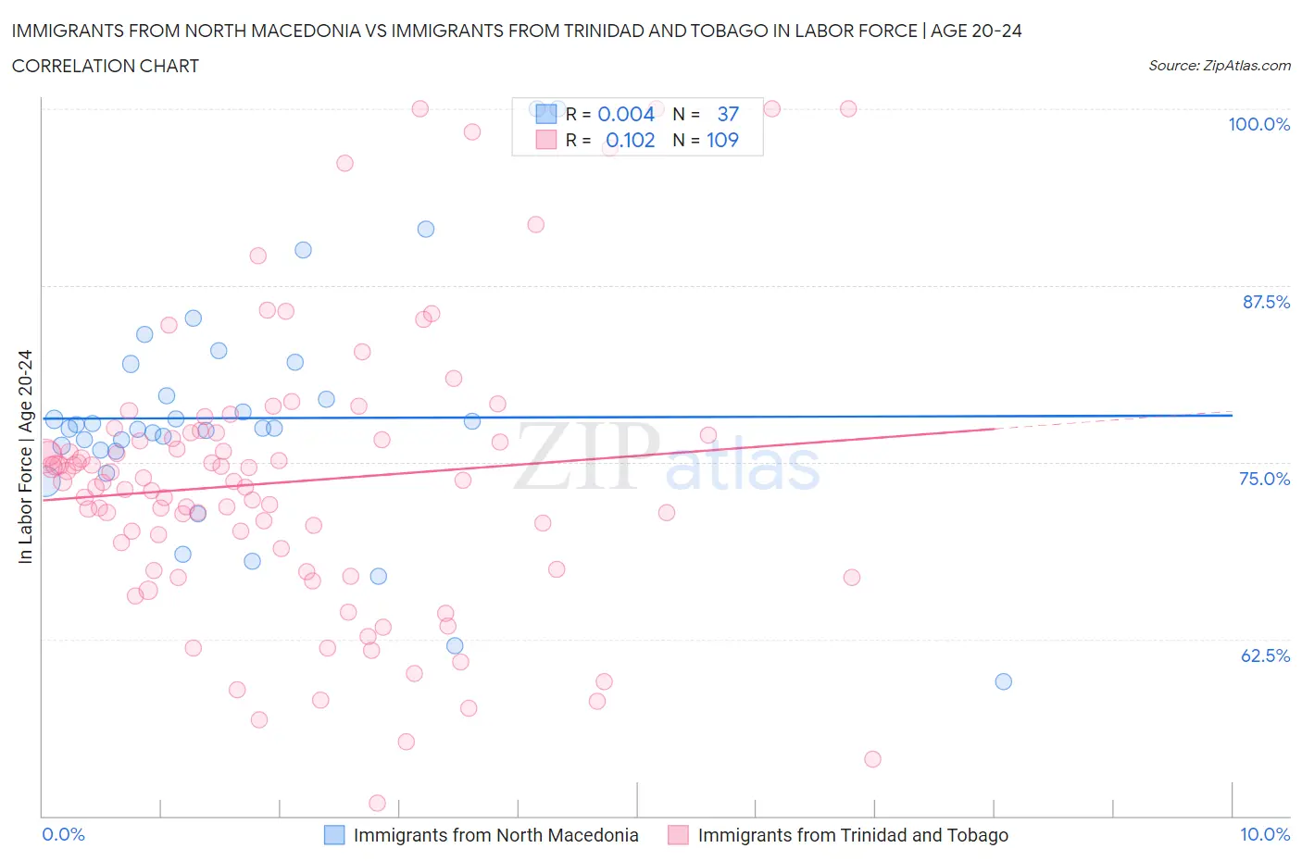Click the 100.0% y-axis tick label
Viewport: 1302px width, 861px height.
[1258, 124]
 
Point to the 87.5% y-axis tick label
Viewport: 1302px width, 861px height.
[1266, 302]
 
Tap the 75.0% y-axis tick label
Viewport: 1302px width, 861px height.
[1264, 479]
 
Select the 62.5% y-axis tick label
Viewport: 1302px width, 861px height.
[1265, 655]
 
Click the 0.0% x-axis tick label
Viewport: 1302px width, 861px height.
[63, 834]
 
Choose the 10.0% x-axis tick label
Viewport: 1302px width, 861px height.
[1264, 834]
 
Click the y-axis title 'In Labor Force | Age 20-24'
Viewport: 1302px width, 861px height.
[25, 456]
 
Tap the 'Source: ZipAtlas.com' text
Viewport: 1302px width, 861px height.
[1219, 66]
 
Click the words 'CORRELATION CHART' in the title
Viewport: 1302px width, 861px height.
[105, 66]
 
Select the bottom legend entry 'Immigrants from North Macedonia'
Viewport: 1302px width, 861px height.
[495, 835]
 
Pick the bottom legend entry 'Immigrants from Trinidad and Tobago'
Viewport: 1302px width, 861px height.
[852, 835]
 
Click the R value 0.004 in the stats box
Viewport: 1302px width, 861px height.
[626, 114]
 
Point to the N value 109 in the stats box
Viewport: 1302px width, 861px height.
[722, 140]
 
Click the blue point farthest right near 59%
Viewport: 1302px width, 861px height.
[1003, 681]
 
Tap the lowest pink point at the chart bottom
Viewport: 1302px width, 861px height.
[377, 803]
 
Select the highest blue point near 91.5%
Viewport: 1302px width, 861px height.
[426, 229]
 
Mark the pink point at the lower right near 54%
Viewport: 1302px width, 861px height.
[872, 759]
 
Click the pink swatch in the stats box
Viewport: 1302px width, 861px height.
[546, 140]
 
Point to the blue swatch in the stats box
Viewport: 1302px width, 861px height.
[546, 114]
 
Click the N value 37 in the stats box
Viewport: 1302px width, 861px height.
[728, 114]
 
